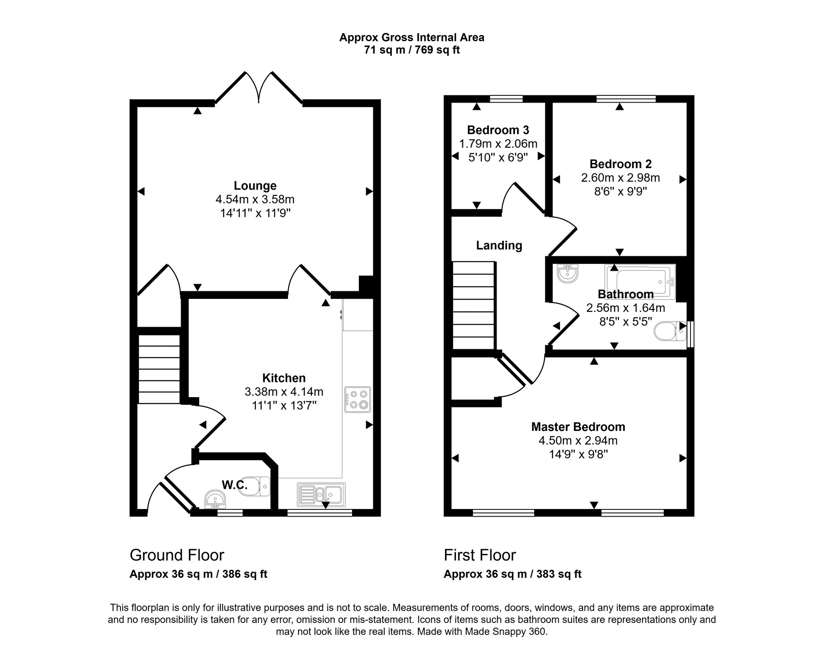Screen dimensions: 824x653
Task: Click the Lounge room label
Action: click(x=255, y=185)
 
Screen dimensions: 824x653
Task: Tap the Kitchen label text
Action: click(x=284, y=378)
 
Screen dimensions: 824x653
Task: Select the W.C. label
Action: click(x=235, y=485)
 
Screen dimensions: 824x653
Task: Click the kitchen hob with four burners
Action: click(x=357, y=400)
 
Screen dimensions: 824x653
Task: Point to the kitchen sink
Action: click(x=321, y=494)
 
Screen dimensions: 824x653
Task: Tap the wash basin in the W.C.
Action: click(x=215, y=499)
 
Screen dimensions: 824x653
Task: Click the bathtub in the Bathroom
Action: click(x=640, y=282)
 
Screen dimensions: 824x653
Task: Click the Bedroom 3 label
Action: click(x=498, y=130)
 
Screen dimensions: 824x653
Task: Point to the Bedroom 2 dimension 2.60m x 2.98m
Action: click(x=620, y=177)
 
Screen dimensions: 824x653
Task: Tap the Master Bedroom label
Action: click(x=578, y=426)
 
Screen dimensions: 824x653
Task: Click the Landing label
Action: click(x=499, y=245)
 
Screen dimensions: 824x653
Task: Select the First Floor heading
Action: click(x=480, y=555)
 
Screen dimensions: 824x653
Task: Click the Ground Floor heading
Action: click(x=177, y=555)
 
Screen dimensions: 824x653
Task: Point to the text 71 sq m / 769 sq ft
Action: click(x=412, y=50)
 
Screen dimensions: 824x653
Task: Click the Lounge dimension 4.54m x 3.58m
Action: click(x=255, y=199)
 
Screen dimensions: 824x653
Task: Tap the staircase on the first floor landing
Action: click(x=474, y=305)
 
